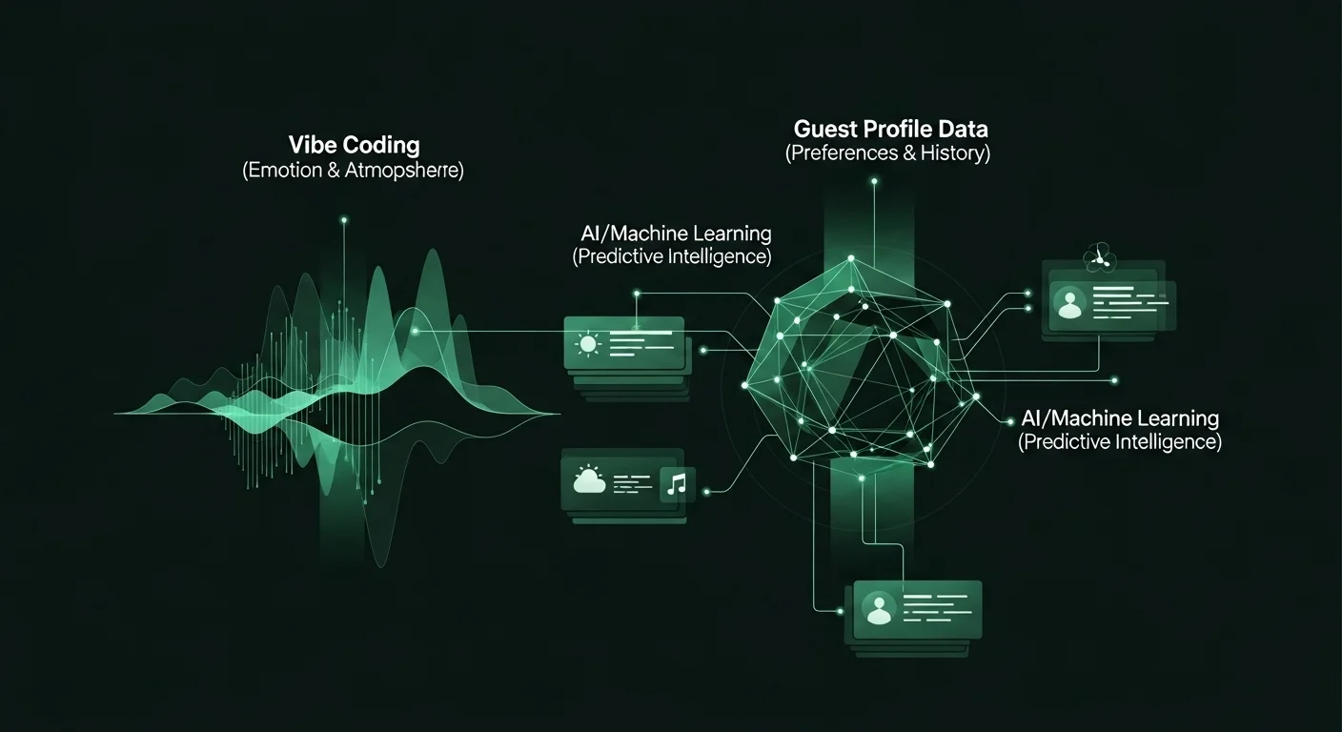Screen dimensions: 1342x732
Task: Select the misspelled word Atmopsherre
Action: point(404,171)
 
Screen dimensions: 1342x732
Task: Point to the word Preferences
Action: point(843,153)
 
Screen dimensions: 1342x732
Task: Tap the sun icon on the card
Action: point(587,344)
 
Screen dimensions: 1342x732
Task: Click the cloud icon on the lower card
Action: point(590,479)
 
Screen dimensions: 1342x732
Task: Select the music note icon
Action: point(677,483)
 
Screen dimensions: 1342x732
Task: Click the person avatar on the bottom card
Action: point(879,609)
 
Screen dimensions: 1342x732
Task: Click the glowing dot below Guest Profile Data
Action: point(875,181)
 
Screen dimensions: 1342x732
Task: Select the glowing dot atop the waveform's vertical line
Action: point(344,220)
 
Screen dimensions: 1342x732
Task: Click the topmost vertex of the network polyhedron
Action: point(851,259)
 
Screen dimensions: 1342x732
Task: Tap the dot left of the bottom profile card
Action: point(840,611)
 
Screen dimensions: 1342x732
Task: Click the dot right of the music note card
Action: point(706,492)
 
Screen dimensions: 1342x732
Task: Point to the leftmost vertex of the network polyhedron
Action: point(744,385)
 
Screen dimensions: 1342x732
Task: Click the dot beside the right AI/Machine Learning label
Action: point(1010,421)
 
